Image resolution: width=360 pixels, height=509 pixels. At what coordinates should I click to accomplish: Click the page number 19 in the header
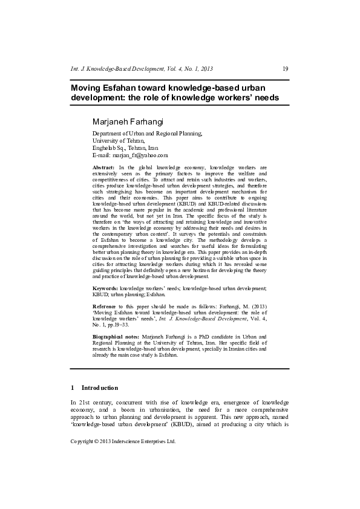click(286, 69)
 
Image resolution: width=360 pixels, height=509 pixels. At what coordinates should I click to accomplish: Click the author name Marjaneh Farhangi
click(128, 122)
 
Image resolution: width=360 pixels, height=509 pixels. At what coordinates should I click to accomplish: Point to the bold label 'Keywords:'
click(105, 290)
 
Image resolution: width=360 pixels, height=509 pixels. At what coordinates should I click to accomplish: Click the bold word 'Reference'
click(106, 307)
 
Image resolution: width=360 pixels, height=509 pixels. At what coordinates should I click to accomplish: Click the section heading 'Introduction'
click(100, 387)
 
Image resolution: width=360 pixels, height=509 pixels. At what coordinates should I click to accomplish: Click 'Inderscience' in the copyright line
click(132, 441)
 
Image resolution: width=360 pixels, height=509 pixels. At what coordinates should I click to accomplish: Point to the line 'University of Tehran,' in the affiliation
click(119, 140)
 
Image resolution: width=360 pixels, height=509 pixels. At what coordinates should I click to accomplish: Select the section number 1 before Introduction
click(73, 387)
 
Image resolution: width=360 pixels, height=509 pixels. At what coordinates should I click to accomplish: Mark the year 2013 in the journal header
click(206, 69)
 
